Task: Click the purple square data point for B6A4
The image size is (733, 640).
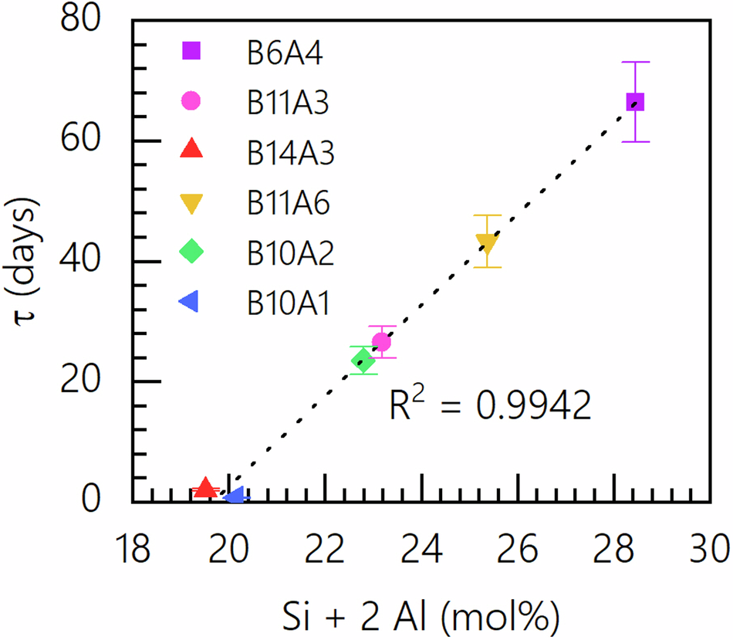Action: coord(635,102)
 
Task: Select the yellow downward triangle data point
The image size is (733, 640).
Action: coord(486,243)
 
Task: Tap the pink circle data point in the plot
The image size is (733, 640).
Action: coord(381,341)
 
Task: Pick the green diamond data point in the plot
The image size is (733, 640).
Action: coord(363,360)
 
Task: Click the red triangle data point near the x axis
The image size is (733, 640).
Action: coord(205,488)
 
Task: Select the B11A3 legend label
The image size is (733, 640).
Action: coord(288,102)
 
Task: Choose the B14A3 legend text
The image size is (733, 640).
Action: coord(290,152)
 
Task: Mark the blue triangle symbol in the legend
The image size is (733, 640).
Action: coord(189,302)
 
